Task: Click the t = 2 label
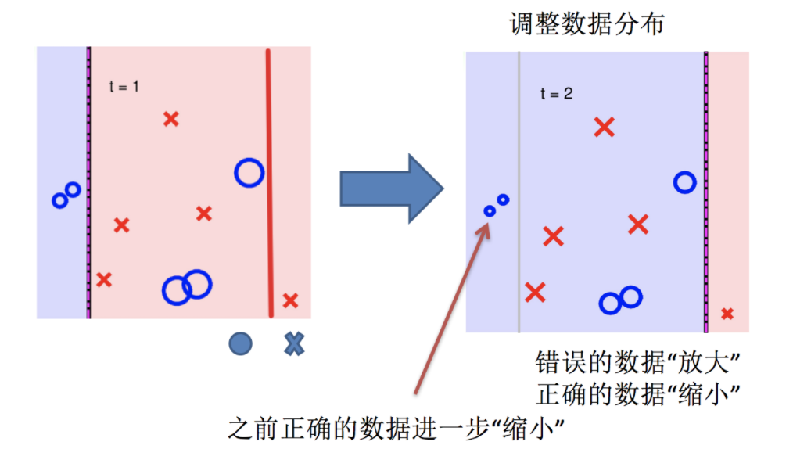[556, 94]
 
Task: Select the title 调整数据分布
[587, 24]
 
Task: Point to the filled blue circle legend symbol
[240, 343]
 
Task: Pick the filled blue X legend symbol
[293, 343]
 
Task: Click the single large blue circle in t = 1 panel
[249, 172]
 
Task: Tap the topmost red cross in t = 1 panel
[170, 119]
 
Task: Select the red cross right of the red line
[290, 300]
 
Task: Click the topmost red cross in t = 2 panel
[604, 127]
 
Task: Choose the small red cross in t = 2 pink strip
[727, 314]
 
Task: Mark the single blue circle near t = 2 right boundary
[685, 182]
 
